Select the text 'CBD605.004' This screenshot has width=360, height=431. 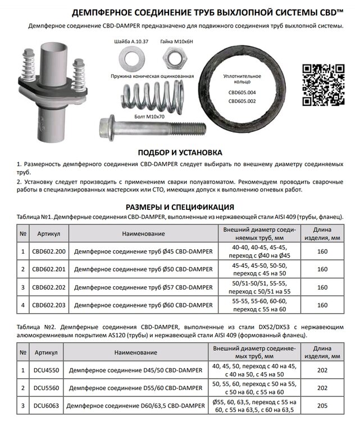(x=242, y=93)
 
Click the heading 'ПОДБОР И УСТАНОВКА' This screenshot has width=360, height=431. (x=180, y=153)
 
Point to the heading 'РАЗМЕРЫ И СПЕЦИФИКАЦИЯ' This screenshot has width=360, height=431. (x=180, y=206)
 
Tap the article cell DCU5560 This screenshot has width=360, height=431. (x=49, y=387)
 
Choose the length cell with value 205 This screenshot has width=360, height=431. (x=322, y=406)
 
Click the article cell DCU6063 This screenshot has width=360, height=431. (x=49, y=406)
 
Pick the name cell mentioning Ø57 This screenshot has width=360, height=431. (x=143, y=287)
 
